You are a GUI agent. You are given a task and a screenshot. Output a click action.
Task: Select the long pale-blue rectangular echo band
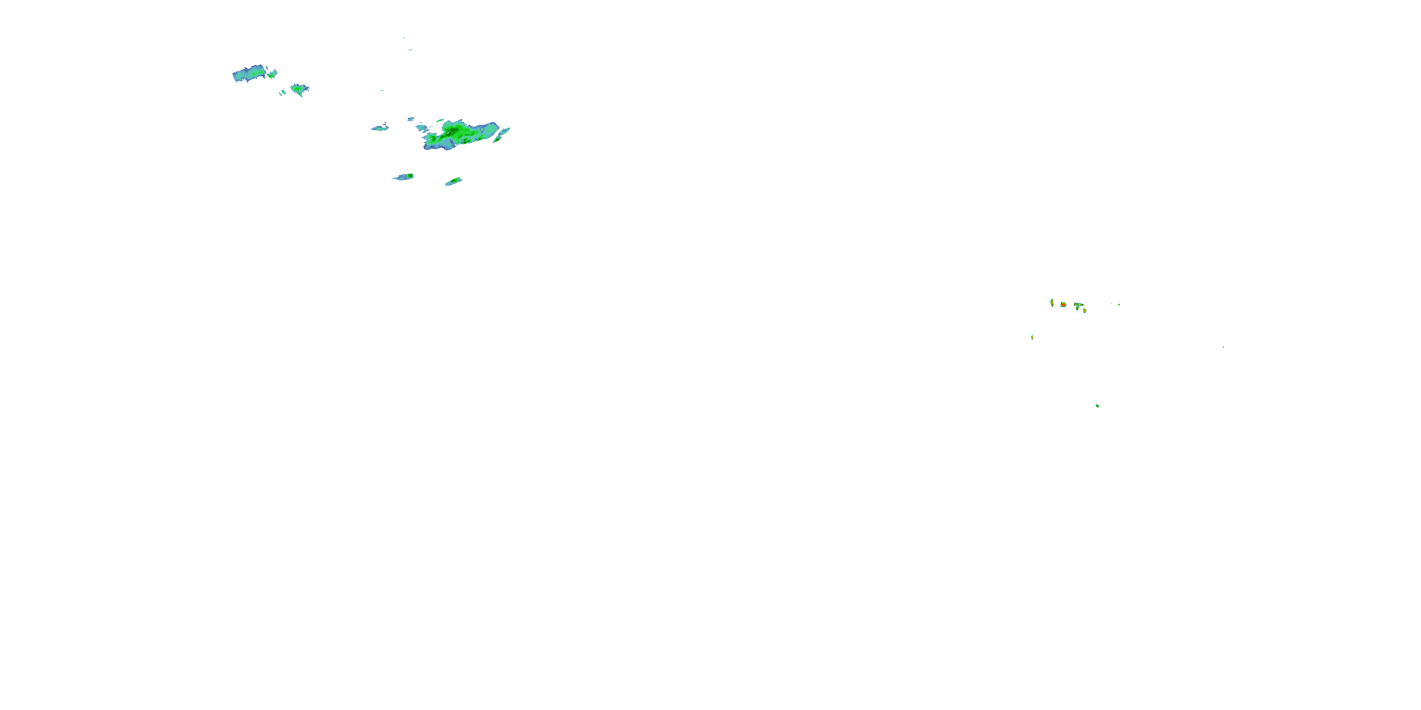click(x=248, y=74)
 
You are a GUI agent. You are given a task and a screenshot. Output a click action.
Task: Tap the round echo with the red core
click(x=1063, y=304)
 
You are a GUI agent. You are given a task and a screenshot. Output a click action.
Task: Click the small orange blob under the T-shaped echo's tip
click(x=1085, y=311)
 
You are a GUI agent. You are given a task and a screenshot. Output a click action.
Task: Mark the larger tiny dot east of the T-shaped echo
click(x=1119, y=304)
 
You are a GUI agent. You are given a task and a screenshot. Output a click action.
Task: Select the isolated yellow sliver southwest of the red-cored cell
click(x=1032, y=337)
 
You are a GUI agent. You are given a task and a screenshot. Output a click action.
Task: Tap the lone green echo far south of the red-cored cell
click(x=1097, y=406)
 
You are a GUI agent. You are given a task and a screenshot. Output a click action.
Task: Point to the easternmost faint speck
click(x=1223, y=347)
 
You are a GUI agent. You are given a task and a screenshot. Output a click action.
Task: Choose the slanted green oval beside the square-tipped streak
click(x=453, y=181)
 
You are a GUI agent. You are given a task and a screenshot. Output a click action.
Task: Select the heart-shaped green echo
click(x=299, y=89)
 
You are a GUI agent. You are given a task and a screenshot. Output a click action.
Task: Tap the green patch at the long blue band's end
click(x=272, y=73)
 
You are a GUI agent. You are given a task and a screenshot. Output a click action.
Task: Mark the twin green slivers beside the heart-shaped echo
click(x=282, y=93)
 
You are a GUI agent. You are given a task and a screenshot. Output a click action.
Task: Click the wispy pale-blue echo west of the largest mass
click(x=379, y=128)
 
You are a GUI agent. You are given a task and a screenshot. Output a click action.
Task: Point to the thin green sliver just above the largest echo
click(x=440, y=120)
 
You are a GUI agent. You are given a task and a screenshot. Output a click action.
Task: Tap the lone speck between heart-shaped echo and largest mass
click(x=382, y=90)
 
